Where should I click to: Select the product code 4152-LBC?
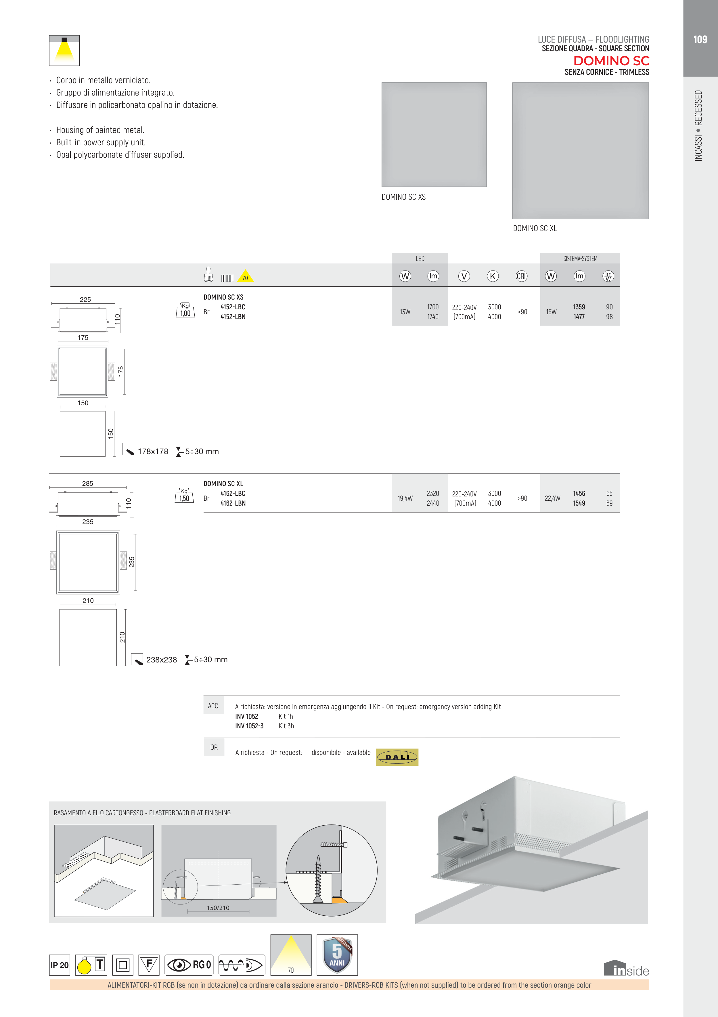pos(233,307)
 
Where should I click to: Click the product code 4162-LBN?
pos(233,503)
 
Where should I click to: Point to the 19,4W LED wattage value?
pos(405,498)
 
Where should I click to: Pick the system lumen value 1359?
pos(579,307)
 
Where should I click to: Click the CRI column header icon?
pos(521,276)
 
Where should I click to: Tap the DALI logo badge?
pos(397,757)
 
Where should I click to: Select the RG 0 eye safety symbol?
pos(189,965)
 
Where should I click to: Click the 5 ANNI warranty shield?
pos(337,955)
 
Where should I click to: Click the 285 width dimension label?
pos(88,483)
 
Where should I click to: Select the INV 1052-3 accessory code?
pos(249,726)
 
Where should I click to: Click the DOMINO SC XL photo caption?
pos(535,228)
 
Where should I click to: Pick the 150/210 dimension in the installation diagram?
pos(218,908)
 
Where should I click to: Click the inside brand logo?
pos(626,969)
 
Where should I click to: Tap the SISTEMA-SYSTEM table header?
pos(580,259)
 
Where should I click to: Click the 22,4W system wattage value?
pos(552,498)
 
